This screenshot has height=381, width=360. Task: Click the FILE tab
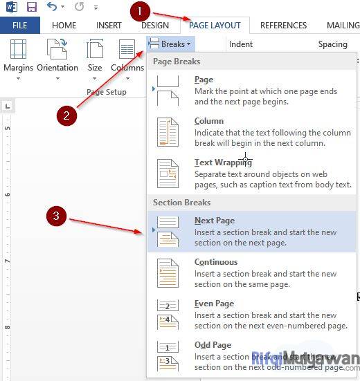[20, 26]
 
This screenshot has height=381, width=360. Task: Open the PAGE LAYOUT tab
[215, 26]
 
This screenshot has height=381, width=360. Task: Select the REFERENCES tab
[283, 26]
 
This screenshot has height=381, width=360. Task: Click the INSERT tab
[109, 26]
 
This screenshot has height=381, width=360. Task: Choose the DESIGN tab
[154, 26]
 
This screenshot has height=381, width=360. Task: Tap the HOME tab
[64, 26]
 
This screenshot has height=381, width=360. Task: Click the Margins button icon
[19, 50]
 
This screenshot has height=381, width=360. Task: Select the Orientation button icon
[57, 50]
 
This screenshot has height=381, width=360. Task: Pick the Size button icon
[95, 50]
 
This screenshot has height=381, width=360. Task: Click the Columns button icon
[127, 50]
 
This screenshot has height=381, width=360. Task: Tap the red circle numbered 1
[140, 11]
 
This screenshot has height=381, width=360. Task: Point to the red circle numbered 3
[57, 216]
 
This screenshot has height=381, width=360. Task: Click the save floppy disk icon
[31, 8]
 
